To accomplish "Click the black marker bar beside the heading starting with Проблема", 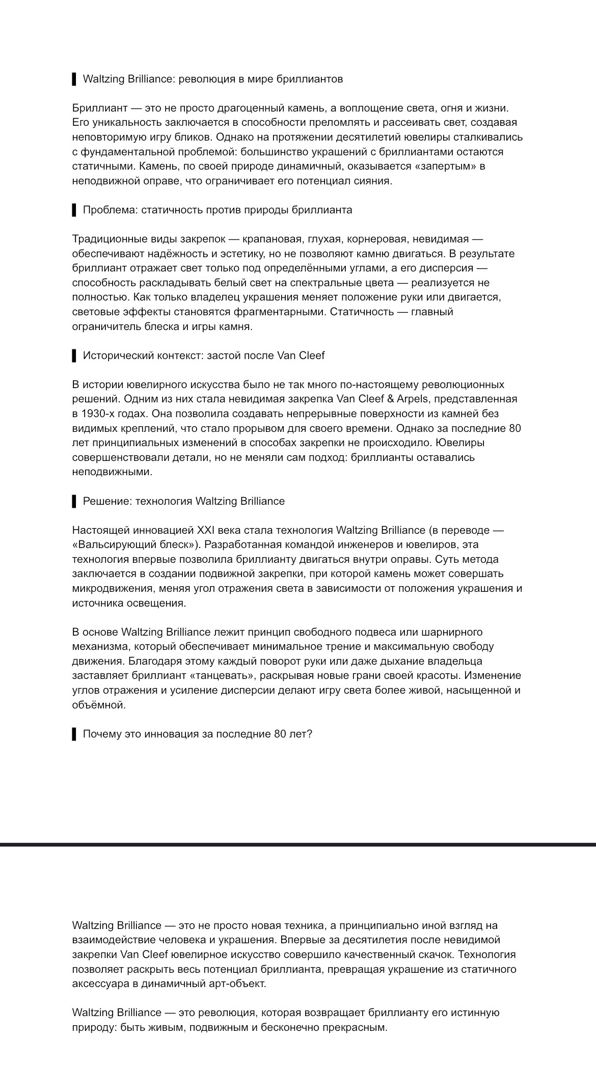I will tap(74, 210).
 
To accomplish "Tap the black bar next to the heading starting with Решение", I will tap(74, 501).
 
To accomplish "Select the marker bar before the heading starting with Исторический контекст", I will tap(74, 356).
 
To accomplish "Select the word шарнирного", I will tap(453, 632).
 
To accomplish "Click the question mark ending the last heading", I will tap(309, 734).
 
